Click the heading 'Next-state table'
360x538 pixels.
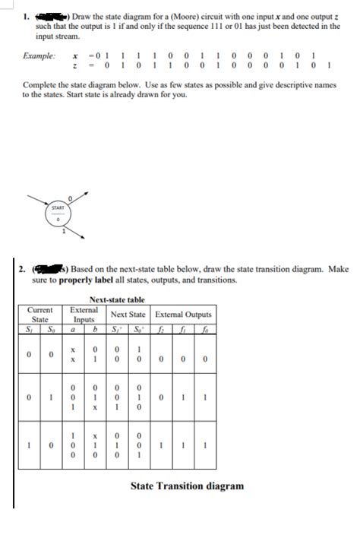click(117, 300)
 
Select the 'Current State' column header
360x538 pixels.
click(39, 315)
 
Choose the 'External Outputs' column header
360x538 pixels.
click(184, 315)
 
